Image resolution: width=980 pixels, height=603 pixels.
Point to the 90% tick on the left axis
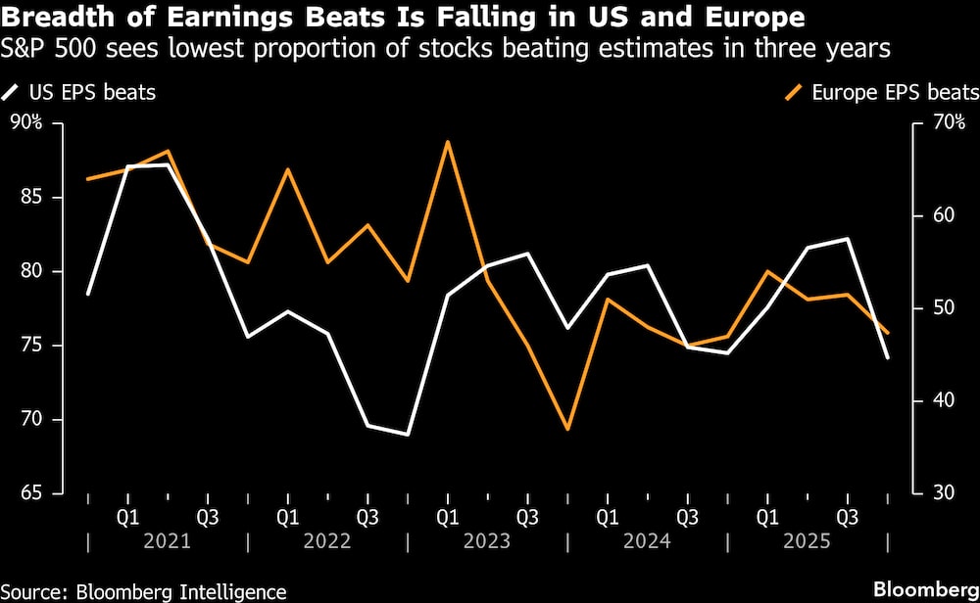point(27,122)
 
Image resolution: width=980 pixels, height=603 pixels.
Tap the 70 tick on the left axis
point(31,419)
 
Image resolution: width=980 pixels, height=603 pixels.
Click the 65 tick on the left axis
point(31,493)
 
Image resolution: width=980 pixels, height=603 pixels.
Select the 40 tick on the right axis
point(938,400)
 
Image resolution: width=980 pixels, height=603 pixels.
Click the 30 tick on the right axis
point(938,493)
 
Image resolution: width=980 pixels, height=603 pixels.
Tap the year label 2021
point(167,541)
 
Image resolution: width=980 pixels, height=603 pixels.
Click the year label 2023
point(487,541)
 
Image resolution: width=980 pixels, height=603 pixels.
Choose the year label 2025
point(808,541)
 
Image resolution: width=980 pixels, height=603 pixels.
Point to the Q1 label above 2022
point(287,515)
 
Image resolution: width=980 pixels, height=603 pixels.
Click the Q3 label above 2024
point(687,515)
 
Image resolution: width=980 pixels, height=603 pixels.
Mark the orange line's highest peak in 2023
point(448,142)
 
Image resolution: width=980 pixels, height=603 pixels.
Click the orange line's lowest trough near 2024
point(567,429)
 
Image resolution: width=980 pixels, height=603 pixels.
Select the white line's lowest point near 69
point(408,434)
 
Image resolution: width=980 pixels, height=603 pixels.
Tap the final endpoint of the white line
point(887,358)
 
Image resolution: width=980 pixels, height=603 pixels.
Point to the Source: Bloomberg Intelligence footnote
point(144,591)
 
